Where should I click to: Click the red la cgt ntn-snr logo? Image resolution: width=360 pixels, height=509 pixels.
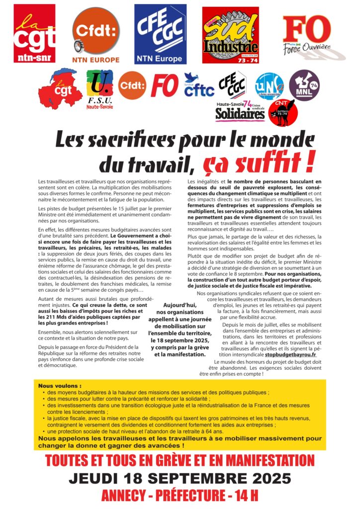(34, 34)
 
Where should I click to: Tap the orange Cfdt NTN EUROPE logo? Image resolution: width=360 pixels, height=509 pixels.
(96, 35)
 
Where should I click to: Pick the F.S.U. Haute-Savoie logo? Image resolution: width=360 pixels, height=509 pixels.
(99, 89)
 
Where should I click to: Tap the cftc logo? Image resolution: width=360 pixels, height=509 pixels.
(199, 85)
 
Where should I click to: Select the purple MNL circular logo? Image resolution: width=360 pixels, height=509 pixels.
(304, 85)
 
